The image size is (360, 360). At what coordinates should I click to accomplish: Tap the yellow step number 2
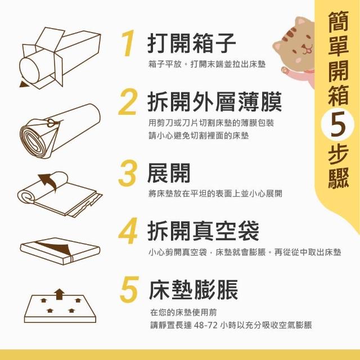point(128,102)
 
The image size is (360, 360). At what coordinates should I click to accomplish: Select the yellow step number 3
point(128,173)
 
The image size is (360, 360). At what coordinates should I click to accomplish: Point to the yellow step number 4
point(128,231)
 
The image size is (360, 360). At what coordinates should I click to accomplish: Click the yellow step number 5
point(129,289)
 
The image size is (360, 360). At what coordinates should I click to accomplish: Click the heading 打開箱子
point(192,43)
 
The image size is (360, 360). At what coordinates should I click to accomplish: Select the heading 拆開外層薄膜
point(215,102)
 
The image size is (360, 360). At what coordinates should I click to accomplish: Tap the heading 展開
point(169,173)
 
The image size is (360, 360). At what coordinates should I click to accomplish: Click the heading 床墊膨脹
point(193,290)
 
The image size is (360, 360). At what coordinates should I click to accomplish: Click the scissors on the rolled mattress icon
point(53,123)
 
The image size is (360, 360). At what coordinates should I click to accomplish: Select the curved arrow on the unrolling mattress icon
point(49,181)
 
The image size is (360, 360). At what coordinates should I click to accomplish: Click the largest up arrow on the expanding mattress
point(60,294)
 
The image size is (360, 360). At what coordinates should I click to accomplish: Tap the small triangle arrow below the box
point(24,84)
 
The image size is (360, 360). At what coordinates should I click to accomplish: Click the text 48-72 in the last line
point(205,325)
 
